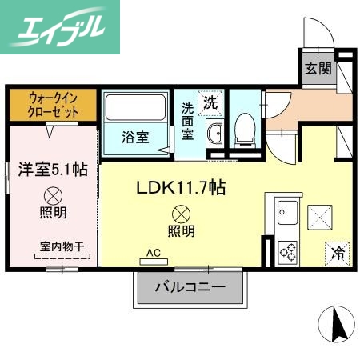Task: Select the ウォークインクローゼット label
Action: pyautogui.click(x=50, y=103)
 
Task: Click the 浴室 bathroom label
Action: pyautogui.click(x=135, y=137)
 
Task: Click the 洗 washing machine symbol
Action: pyautogui.click(x=210, y=102)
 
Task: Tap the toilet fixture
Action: pyautogui.click(x=245, y=128)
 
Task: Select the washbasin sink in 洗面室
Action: pyautogui.click(x=214, y=134)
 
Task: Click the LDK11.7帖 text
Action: pyautogui.click(x=181, y=187)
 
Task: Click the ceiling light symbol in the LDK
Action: pyautogui.click(x=181, y=214)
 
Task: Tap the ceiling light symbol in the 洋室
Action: pyautogui.click(x=53, y=194)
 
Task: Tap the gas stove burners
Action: pyautogui.click(x=287, y=250)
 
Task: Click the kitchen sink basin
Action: pyautogui.click(x=286, y=214)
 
